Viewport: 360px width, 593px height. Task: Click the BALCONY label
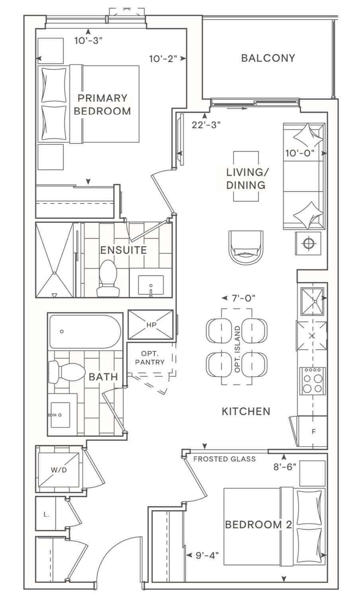268,58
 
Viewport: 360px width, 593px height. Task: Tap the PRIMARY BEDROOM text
102,104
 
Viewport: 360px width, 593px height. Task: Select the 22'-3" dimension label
206,125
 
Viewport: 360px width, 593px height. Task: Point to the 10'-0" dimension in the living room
300,153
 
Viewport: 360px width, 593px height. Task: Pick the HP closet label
151,324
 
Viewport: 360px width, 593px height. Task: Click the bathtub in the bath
85,332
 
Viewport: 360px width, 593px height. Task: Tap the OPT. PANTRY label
150,358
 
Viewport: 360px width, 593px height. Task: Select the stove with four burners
312,381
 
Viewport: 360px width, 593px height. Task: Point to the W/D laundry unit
59,470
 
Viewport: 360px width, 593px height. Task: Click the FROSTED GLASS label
225,459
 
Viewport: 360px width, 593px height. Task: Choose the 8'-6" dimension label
285,467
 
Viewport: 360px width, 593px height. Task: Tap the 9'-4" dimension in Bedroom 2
207,556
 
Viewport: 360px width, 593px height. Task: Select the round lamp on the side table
308,243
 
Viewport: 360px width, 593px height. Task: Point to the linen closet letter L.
47,514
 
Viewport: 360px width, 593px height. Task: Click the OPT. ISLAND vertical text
237,349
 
